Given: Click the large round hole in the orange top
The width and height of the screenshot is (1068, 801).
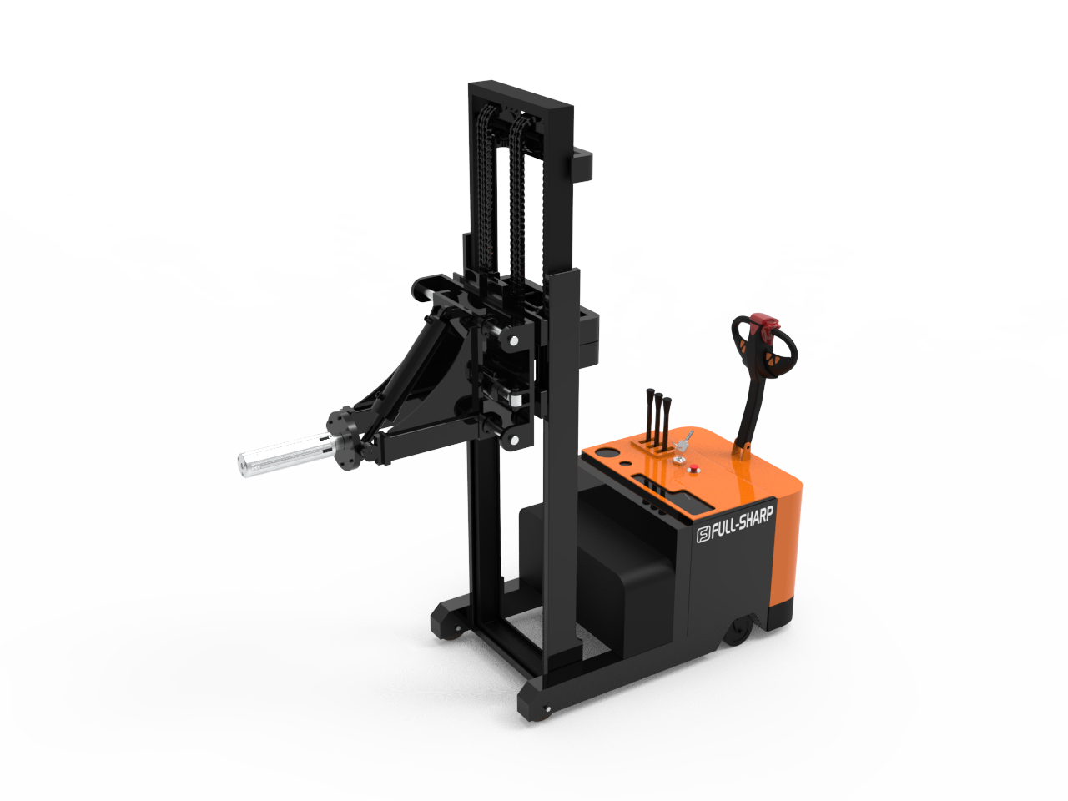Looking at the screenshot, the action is tap(607, 454).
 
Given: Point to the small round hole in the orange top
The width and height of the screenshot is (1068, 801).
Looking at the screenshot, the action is tap(623, 463).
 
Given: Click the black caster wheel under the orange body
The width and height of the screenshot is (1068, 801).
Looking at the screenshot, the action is tap(738, 632).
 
